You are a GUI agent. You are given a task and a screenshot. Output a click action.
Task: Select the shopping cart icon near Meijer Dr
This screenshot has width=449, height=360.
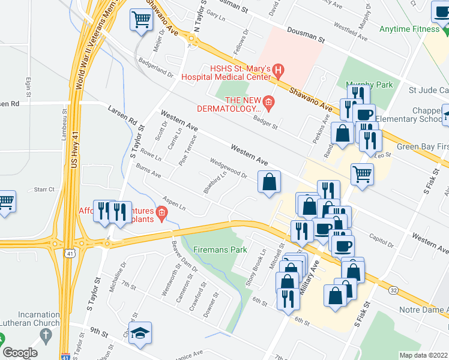[141, 19]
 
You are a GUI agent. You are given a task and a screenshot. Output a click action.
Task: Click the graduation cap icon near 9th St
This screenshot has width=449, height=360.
[140, 333]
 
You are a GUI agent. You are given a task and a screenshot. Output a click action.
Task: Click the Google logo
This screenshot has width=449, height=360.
[20, 353]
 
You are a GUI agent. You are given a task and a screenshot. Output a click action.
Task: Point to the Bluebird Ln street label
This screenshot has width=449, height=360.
[214, 182]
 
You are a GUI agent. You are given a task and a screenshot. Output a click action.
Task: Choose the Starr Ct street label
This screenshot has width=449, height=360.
[44, 189]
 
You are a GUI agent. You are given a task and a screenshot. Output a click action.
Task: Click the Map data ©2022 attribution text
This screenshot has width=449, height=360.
[423, 355]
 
